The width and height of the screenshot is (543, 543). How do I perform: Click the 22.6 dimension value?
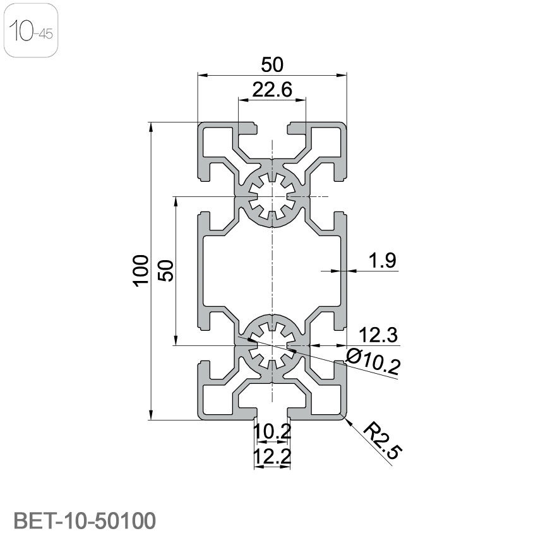272,90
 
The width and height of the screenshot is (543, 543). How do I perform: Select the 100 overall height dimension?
140,270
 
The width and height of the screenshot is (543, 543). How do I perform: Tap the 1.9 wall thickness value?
382,260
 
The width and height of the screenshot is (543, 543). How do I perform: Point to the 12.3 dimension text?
378,335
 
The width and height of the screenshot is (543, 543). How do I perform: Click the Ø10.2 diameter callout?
373,361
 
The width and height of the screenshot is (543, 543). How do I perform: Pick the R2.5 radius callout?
383,440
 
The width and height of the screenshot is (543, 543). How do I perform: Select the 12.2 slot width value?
272,456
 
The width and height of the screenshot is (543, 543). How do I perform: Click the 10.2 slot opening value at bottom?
272,431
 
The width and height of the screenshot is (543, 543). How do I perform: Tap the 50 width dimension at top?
272,65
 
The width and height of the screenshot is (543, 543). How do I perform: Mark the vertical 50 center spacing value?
166,270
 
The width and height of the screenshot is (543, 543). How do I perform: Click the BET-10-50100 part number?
85,520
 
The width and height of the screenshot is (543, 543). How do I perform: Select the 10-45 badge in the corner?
31,30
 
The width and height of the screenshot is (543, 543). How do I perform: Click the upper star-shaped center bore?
272,197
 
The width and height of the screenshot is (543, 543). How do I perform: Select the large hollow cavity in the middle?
272,271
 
